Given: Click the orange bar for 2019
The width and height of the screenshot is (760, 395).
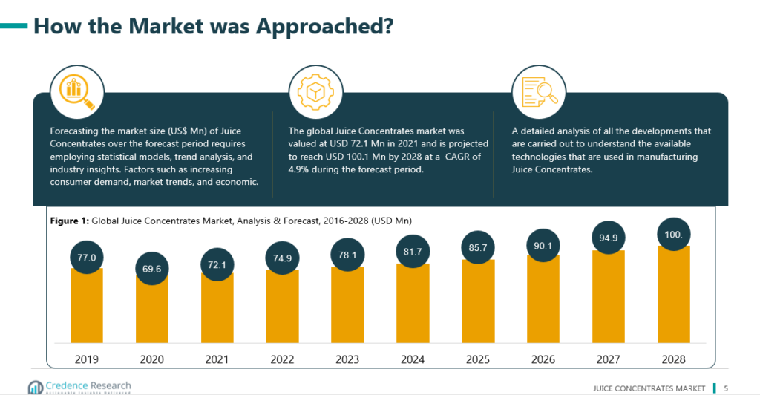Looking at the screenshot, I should pyautogui.click(x=86, y=308).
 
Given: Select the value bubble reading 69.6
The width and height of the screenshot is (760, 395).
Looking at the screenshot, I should pyautogui.click(x=151, y=268).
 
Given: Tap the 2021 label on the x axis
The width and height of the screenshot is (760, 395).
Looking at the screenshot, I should pyautogui.click(x=217, y=359).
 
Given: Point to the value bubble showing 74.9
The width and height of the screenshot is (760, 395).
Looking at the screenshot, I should pyautogui.click(x=282, y=258).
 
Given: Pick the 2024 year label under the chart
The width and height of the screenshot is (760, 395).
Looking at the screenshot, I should pyautogui.click(x=413, y=359).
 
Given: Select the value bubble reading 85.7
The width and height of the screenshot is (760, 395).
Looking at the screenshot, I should pyautogui.click(x=478, y=246).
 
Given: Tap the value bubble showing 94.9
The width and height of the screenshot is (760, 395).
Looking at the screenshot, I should pyautogui.click(x=609, y=238).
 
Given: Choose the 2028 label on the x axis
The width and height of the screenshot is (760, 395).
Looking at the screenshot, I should pyautogui.click(x=674, y=359).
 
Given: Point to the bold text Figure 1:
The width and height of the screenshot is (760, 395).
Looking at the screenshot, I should pyautogui.click(x=70, y=221).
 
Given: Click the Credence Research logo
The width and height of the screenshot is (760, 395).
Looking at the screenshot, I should pyautogui.click(x=79, y=387).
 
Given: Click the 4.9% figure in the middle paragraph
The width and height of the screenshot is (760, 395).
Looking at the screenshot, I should pyautogui.click(x=298, y=169).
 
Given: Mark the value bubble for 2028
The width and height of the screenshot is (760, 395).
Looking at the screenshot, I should pyautogui.click(x=674, y=234).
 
